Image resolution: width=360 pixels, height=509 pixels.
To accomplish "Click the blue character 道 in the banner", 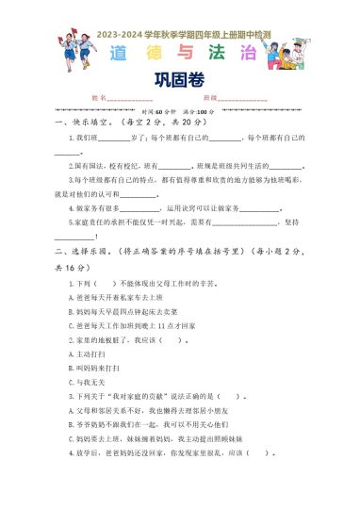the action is pyautogui.click(x=118, y=52).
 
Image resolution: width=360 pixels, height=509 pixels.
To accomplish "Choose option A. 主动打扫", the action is pyautogui.click(x=89, y=354).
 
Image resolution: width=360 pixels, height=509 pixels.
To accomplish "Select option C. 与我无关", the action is pyautogui.click(x=89, y=383).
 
